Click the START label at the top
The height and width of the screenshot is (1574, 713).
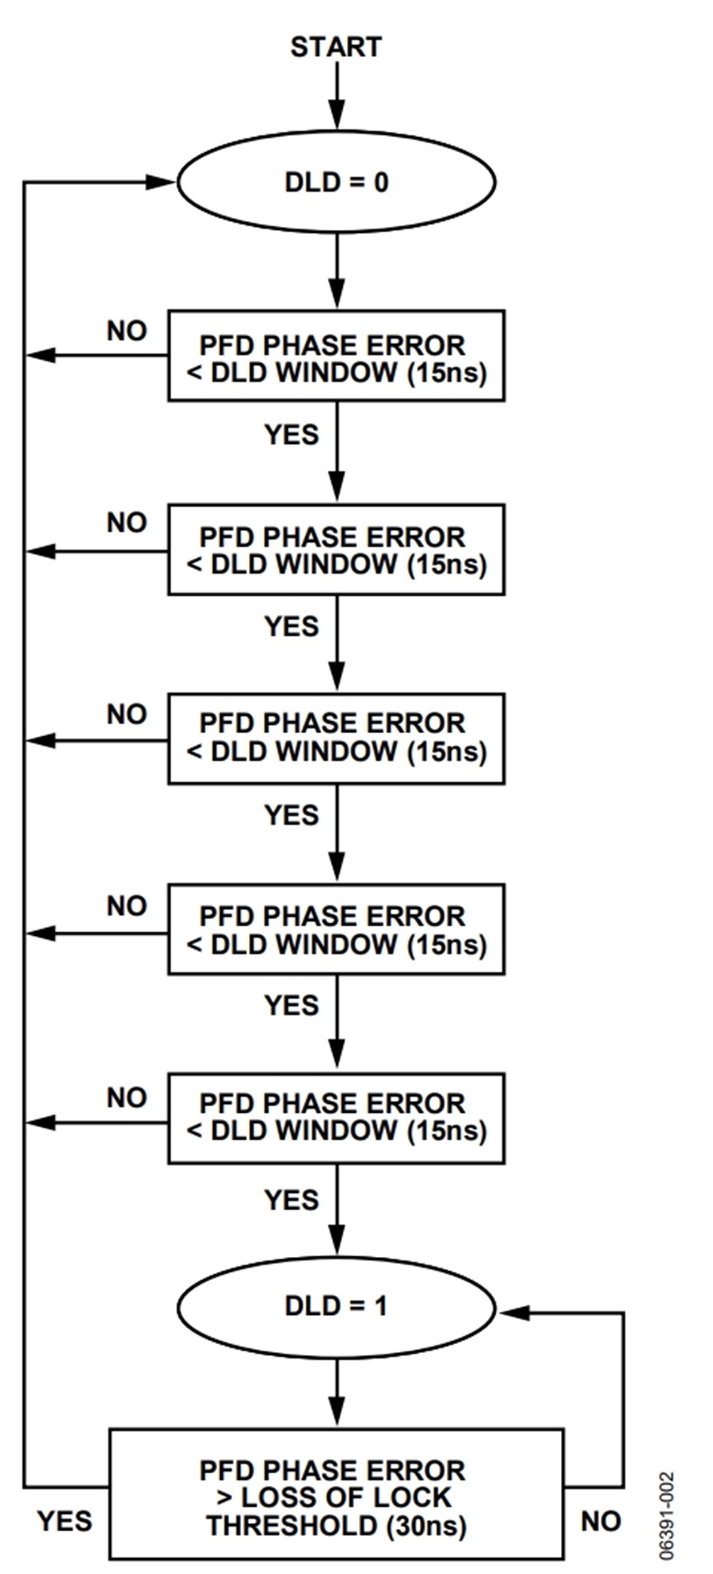pos(336,48)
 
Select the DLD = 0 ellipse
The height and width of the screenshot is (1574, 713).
pos(336,182)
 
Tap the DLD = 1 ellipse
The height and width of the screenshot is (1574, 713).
pos(336,1306)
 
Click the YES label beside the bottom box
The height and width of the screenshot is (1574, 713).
pos(65,1521)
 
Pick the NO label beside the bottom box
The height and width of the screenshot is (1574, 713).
pos(601,1521)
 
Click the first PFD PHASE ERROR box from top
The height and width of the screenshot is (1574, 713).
pos(336,356)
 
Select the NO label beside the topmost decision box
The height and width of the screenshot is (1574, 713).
pos(127,330)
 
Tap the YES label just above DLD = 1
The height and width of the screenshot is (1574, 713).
pos(292,1200)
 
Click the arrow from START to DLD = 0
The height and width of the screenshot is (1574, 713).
pos(337,95)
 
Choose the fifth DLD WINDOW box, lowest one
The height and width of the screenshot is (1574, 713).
pos(336,1117)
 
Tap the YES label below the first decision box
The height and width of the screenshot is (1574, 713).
pos(292,434)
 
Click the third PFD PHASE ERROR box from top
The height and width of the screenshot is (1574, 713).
pos(336,738)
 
